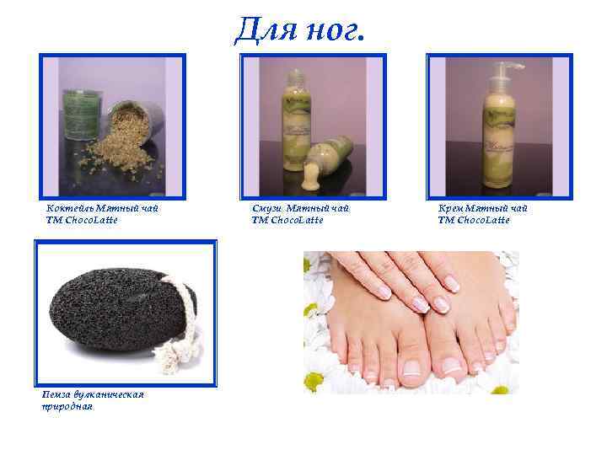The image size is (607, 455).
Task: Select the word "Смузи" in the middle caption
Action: [266, 208]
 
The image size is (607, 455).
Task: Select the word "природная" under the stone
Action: [67, 406]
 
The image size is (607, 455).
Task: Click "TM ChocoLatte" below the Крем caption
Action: [473, 220]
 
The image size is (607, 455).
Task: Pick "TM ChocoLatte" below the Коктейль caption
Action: [82, 220]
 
